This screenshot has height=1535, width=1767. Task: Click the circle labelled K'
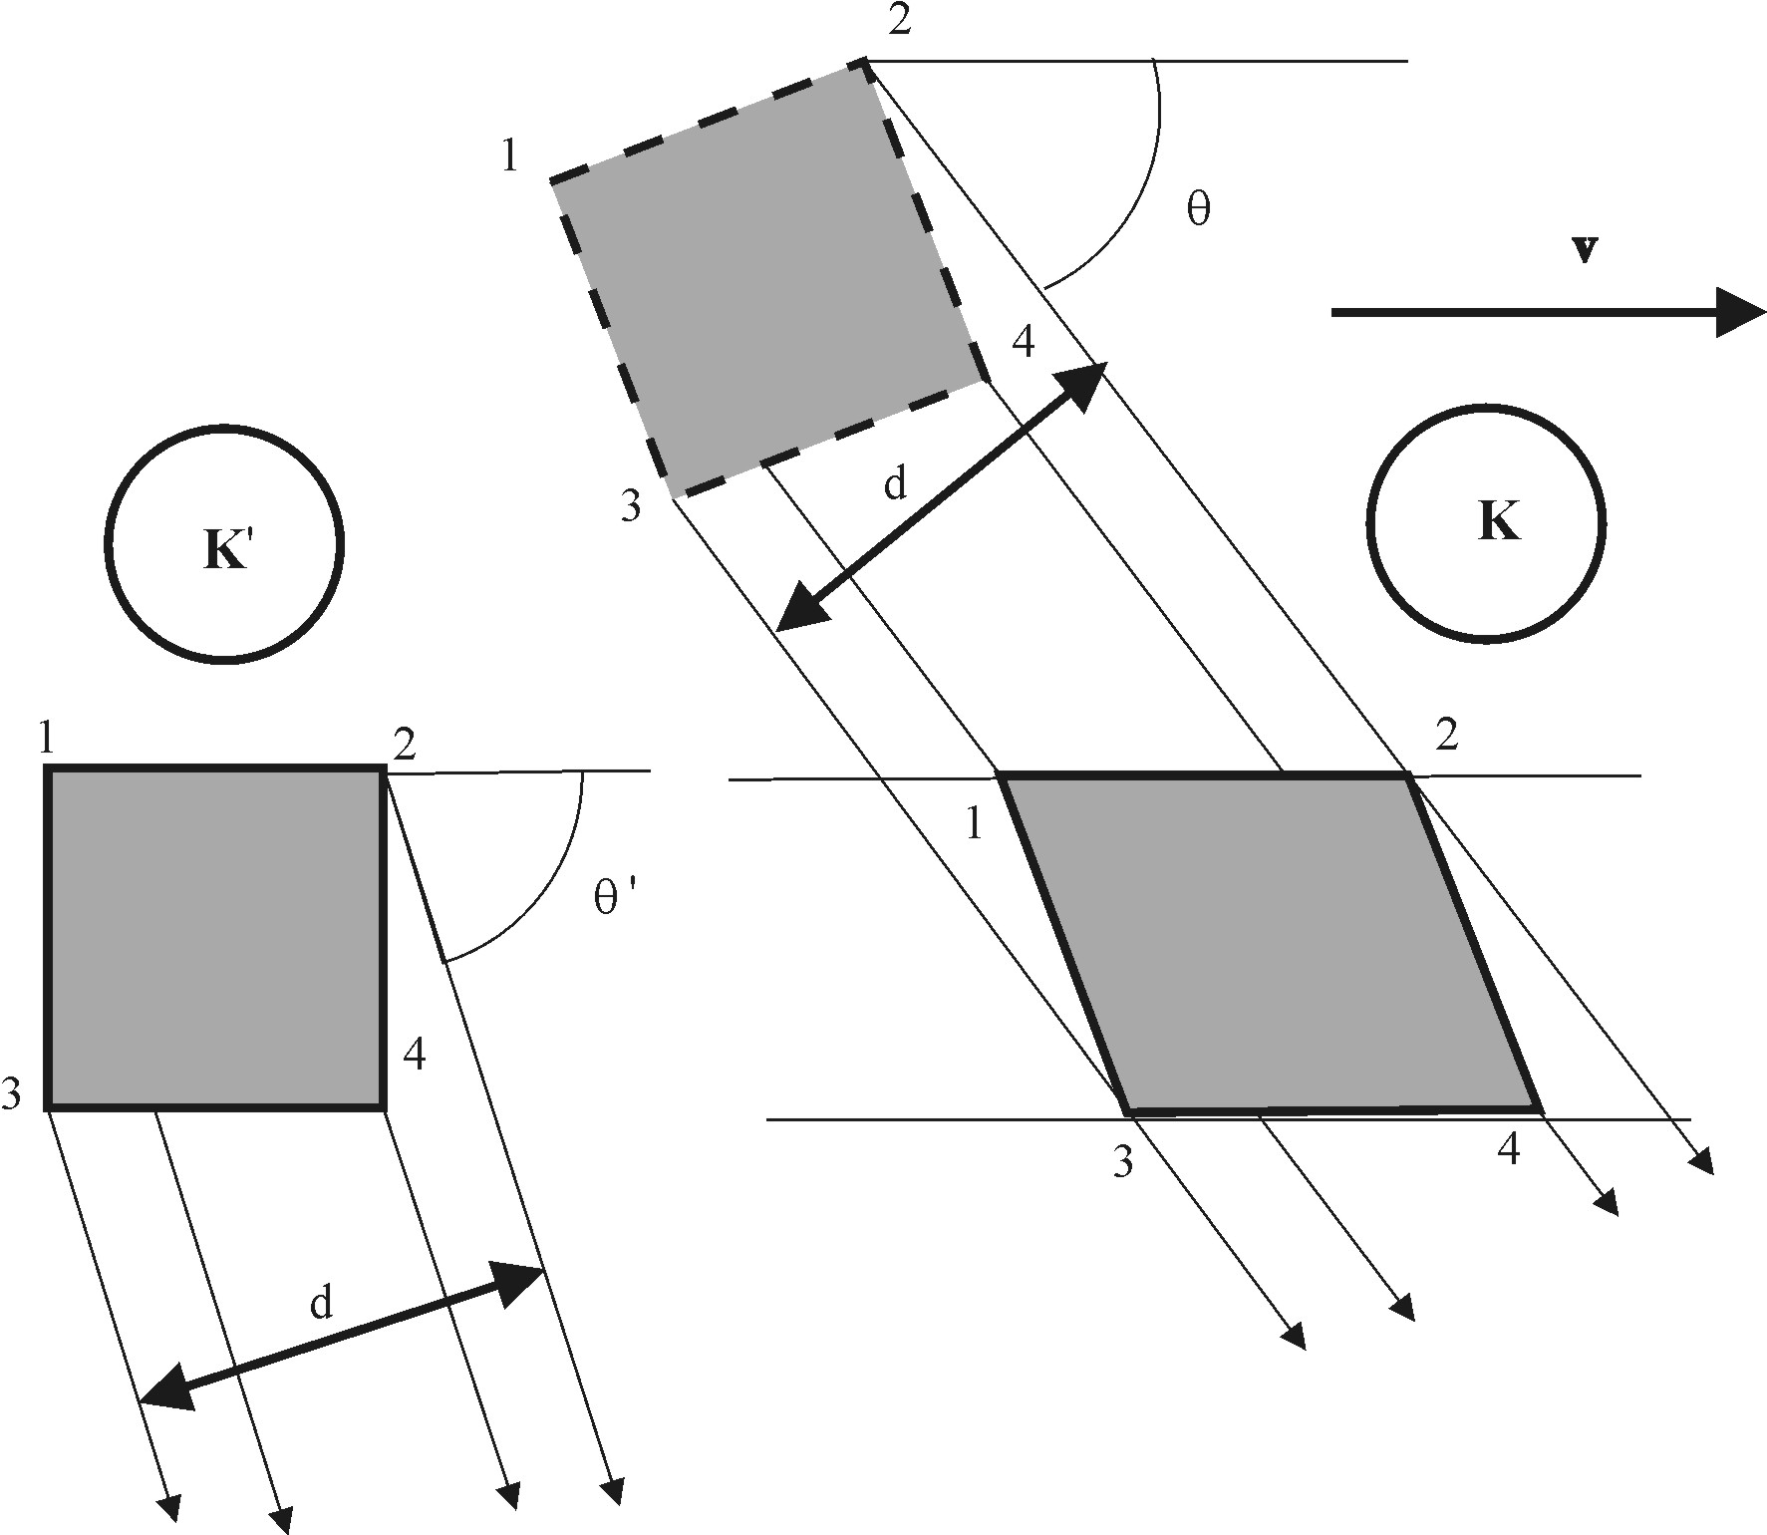click(224, 543)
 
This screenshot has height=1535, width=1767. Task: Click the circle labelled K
click(1485, 523)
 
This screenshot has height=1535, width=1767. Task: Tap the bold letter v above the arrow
click(1585, 250)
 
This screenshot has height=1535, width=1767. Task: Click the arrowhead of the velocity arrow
click(1739, 312)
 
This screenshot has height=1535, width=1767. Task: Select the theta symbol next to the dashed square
click(1199, 209)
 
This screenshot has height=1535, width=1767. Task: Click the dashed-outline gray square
click(767, 280)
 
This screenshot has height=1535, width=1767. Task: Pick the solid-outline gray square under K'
click(215, 937)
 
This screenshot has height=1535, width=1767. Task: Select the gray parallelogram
click(1271, 942)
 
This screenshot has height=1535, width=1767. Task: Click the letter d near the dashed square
click(896, 483)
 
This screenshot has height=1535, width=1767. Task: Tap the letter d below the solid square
click(320, 1302)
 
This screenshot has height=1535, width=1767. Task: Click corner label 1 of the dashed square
click(510, 156)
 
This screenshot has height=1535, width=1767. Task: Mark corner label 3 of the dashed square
click(631, 506)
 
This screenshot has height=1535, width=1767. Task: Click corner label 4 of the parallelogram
click(1509, 1150)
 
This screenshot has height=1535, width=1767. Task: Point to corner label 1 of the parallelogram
click(974, 824)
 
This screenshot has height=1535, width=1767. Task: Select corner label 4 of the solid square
click(415, 1054)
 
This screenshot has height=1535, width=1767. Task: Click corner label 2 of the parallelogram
click(1446, 736)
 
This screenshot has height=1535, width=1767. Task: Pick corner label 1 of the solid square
click(46, 739)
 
